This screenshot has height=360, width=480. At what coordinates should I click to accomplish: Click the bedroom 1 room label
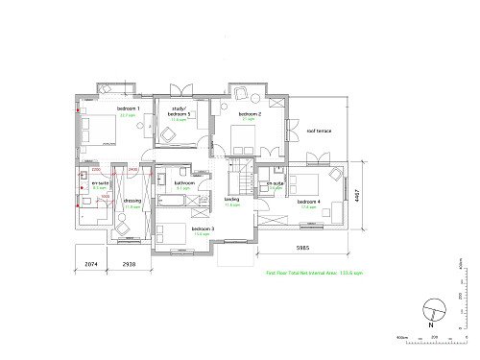pos(129,109)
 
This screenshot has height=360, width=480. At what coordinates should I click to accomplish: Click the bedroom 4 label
pos(307,201)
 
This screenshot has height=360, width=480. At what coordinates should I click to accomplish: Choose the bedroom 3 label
pos(202,229)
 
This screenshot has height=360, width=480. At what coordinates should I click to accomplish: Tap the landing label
pos(231,200)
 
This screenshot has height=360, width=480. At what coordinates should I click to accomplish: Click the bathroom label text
pos(185,182)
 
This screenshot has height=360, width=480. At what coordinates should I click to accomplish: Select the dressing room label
pos(132,201)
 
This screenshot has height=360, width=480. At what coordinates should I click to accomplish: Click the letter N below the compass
pos(434,326)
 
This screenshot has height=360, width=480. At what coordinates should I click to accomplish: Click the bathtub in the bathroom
pos(185,202)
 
